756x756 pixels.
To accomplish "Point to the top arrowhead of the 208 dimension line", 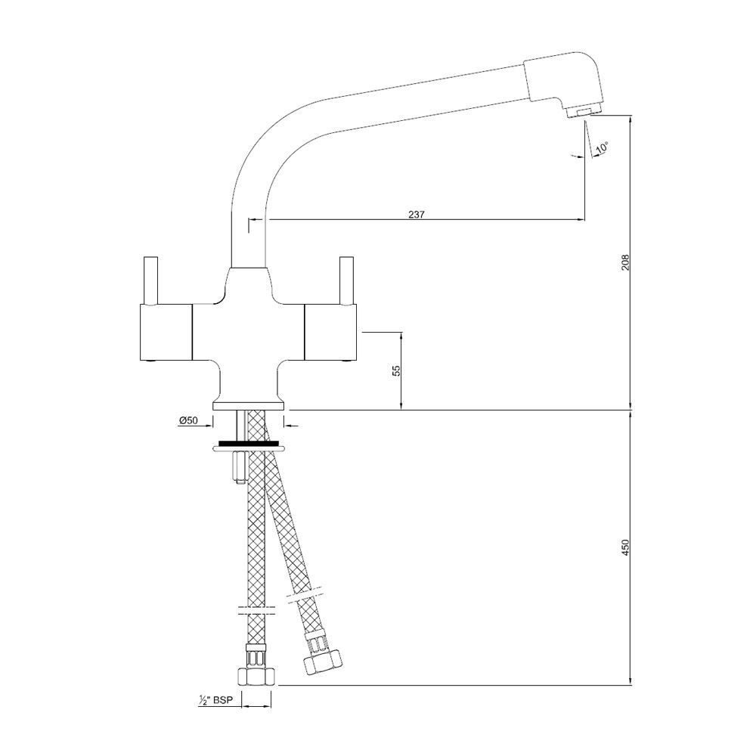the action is coord(631,119).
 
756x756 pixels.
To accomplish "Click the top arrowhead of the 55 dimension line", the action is coord(401,336).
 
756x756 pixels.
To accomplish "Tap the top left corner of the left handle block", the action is coord(140,305).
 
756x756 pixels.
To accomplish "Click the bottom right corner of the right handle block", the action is coord(355,360).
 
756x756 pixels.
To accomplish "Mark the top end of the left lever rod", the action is coord(151,257).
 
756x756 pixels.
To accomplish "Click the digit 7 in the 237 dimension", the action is coord(423,214).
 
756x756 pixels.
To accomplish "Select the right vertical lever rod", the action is coord(346,280).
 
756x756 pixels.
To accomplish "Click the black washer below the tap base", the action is coord(249,443).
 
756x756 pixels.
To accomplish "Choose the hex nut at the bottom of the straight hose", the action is coord(256,676).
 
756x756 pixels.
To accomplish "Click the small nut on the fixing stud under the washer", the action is coord(240,466).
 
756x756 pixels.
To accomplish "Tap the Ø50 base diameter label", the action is coord(188,420).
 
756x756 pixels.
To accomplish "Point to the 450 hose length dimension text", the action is coord(625,547).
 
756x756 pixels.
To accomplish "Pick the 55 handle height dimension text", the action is coord(396,370).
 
